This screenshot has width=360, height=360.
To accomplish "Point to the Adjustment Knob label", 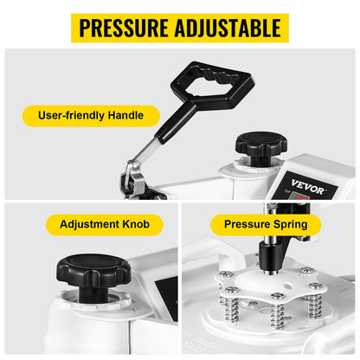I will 99,225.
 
